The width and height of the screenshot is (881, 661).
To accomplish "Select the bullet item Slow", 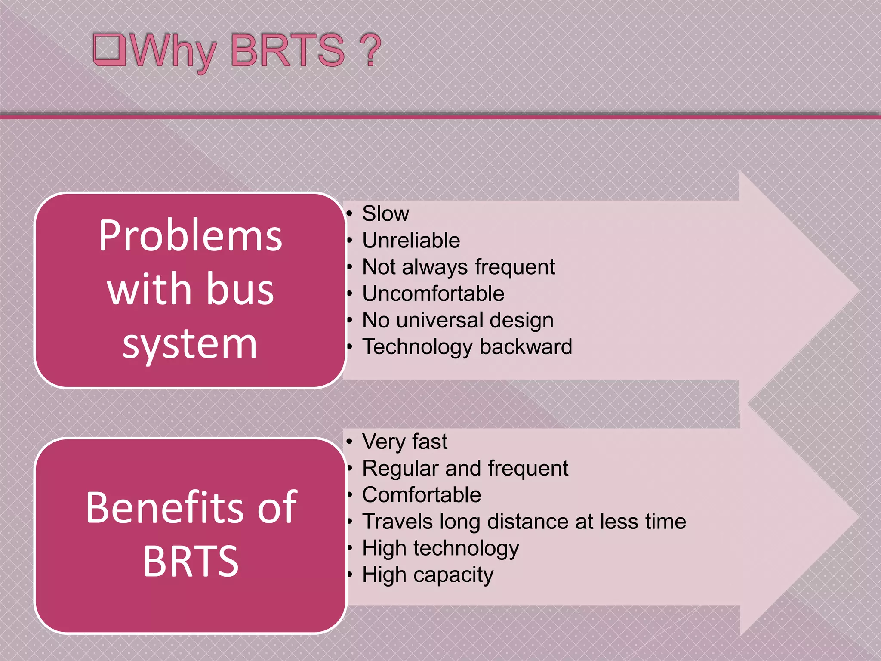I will pos(385,213).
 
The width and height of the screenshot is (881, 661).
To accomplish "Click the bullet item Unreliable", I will pos(411,240).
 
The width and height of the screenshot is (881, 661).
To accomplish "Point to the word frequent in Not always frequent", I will pos(515,267).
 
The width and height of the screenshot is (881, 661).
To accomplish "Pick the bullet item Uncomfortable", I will pos(433,293).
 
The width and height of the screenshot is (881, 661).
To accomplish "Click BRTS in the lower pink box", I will pos(191,561).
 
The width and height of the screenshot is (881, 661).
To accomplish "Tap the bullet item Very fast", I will pos(404,442).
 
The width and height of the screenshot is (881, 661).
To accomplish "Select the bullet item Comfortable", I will pos(421,495).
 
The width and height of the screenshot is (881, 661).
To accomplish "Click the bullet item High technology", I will pos(440,549).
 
